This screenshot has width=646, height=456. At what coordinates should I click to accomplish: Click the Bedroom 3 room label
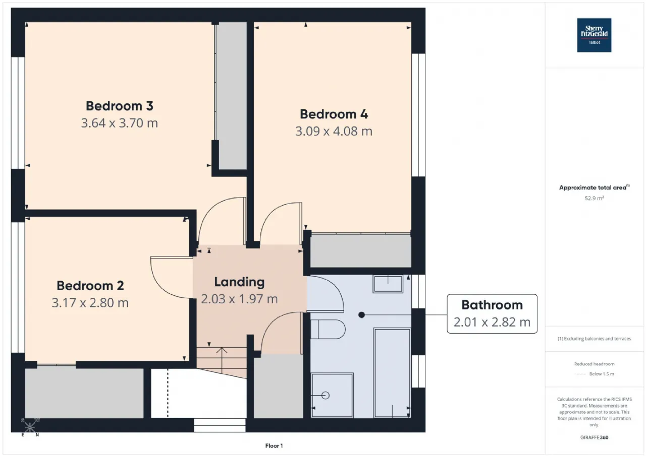pos(120,106)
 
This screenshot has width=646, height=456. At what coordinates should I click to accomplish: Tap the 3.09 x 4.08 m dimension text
pos(334,132)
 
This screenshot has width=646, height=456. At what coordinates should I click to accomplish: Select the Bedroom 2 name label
pos(90,286)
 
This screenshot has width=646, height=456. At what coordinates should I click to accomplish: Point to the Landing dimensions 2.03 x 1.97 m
pos(239,299)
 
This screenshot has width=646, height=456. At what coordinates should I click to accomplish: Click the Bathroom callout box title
pos(492,305)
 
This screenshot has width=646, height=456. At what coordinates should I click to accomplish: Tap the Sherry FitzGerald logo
pos(594,35)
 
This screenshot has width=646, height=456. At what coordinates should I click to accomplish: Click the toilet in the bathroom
pos(328,329)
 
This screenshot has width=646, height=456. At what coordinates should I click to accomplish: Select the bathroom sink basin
pos(388,284)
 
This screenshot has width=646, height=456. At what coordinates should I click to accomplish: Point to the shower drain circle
pos(326,396)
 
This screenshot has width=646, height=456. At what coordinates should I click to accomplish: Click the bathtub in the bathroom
pos(392,373)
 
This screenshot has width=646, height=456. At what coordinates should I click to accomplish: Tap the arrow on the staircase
pos(222,360)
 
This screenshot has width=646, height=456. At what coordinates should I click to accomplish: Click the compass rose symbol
pos(30,427)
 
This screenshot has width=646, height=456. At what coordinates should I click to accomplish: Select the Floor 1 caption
pos(274,445)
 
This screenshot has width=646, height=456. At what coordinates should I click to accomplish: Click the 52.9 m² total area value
pos(594,198)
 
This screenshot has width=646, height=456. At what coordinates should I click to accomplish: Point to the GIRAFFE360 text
pos(594,437)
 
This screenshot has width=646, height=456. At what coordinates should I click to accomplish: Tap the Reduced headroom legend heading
pos(594,364)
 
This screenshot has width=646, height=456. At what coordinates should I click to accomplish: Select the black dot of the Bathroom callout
pos(362,315)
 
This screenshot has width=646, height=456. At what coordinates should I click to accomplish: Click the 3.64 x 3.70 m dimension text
pos(120,123)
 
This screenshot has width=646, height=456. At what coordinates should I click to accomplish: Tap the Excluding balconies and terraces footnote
pos(594,339)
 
